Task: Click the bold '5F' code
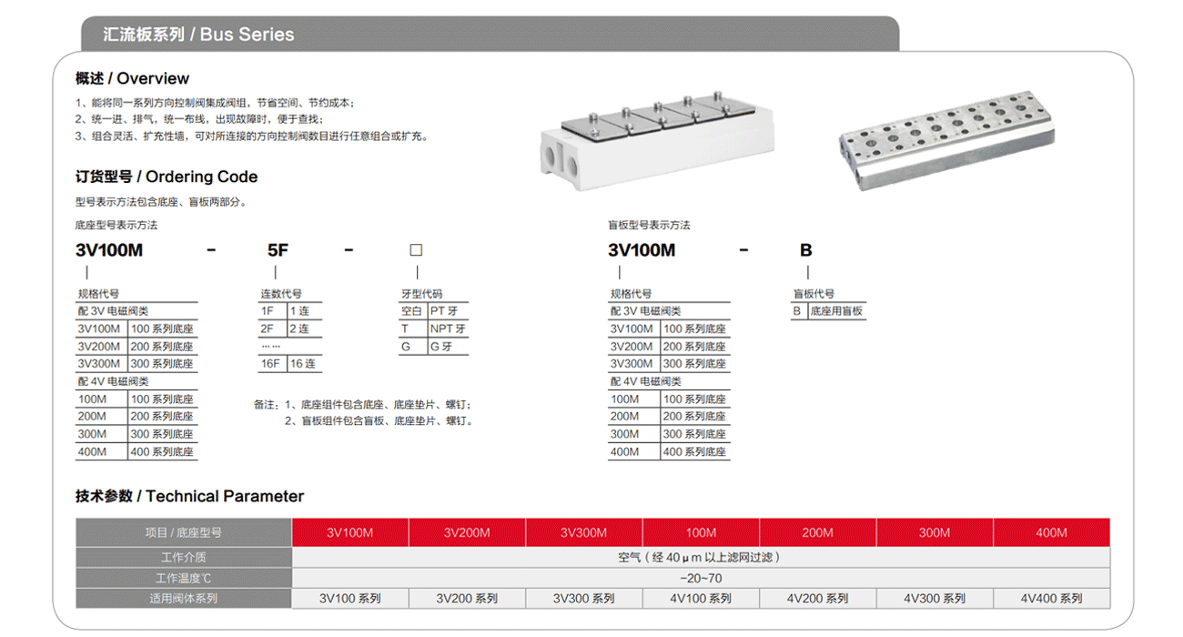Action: click(x=278, y=250)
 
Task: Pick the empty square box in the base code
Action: click(x=416, y=250)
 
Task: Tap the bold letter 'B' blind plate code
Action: click(x=805, y=250)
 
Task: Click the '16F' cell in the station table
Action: click(x=271, y=363)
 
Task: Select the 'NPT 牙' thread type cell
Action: click(x=448, y=329)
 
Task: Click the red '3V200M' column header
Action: click(x=467, y=532)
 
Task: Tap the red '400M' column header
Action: click(x=1051, y=532)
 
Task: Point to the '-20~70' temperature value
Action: click(x=701, y=578)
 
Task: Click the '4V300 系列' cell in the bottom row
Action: click(x=935, y=598)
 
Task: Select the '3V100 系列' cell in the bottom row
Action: click(x=350, y=598)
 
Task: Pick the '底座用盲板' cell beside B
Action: click(x=836, y=311)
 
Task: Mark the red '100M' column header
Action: click(x=701, y=532)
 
